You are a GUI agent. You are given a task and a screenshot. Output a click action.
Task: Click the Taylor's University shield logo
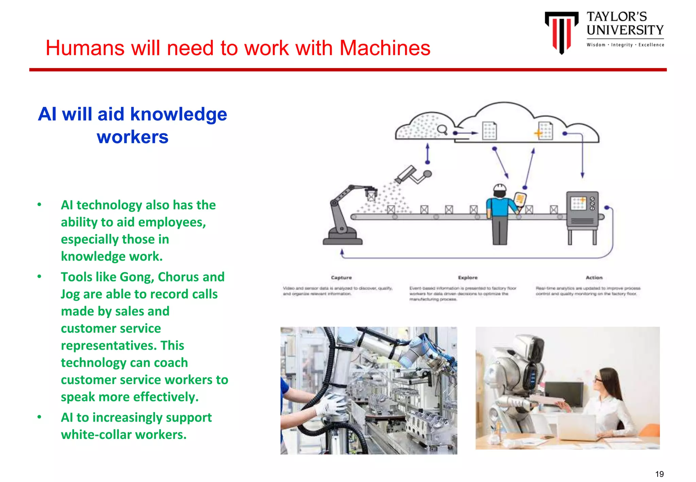click(561, 32)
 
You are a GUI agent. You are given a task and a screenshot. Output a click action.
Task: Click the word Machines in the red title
click(385, 48)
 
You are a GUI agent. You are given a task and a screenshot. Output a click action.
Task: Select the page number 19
click(659, 474)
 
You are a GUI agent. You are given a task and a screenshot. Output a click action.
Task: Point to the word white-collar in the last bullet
click(96, 435)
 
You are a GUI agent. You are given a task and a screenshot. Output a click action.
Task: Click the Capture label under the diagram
click(341, 278)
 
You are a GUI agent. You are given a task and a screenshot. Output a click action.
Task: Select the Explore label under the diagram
click(468, 278)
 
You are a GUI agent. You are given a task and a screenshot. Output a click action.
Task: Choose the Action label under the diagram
click(594, 278)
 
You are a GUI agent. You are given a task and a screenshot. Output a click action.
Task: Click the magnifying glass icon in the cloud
click(442, 130)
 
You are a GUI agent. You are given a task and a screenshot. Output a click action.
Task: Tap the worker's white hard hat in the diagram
click(500, 188)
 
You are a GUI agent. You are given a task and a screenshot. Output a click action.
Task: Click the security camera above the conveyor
click(406, 174)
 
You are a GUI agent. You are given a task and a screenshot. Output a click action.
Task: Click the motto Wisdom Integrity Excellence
click(625, 45)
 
